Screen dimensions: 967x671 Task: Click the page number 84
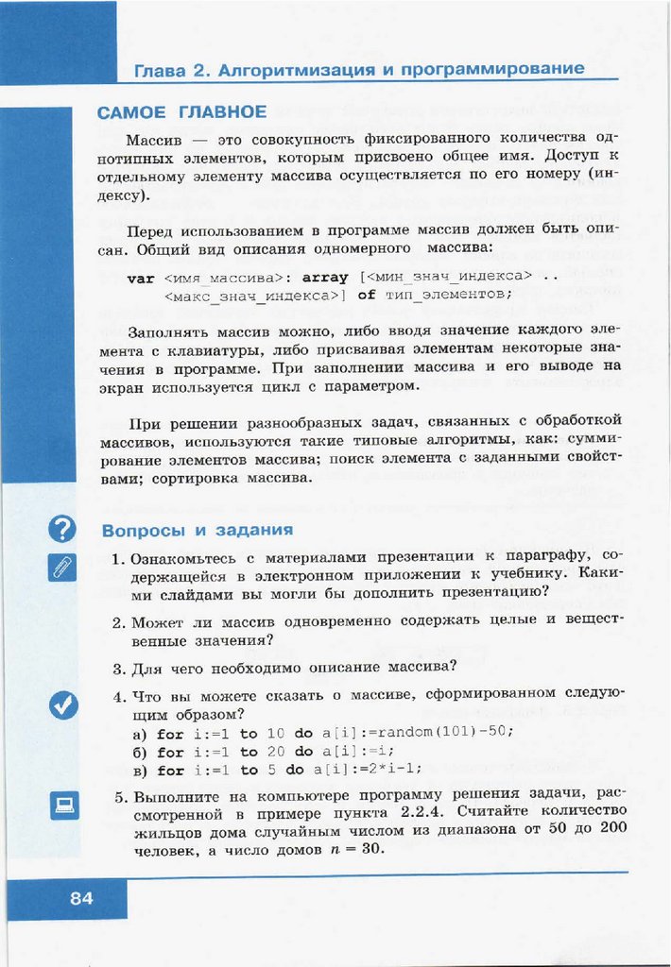[x=81, y=898]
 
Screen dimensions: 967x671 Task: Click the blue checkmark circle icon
[x=62, y=704]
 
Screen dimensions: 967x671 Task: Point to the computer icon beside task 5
[x=63, y=805]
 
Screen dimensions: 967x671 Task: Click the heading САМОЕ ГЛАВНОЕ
[x=181, y=112]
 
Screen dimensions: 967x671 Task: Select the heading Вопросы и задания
[x=197, y=530]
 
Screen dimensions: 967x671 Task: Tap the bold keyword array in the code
[x=326, y=278]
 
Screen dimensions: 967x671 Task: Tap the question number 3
[x=118, y=669]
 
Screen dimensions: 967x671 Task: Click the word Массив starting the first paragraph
[x=154, y=138]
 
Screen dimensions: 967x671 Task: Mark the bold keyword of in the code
[x=367, y=295]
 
